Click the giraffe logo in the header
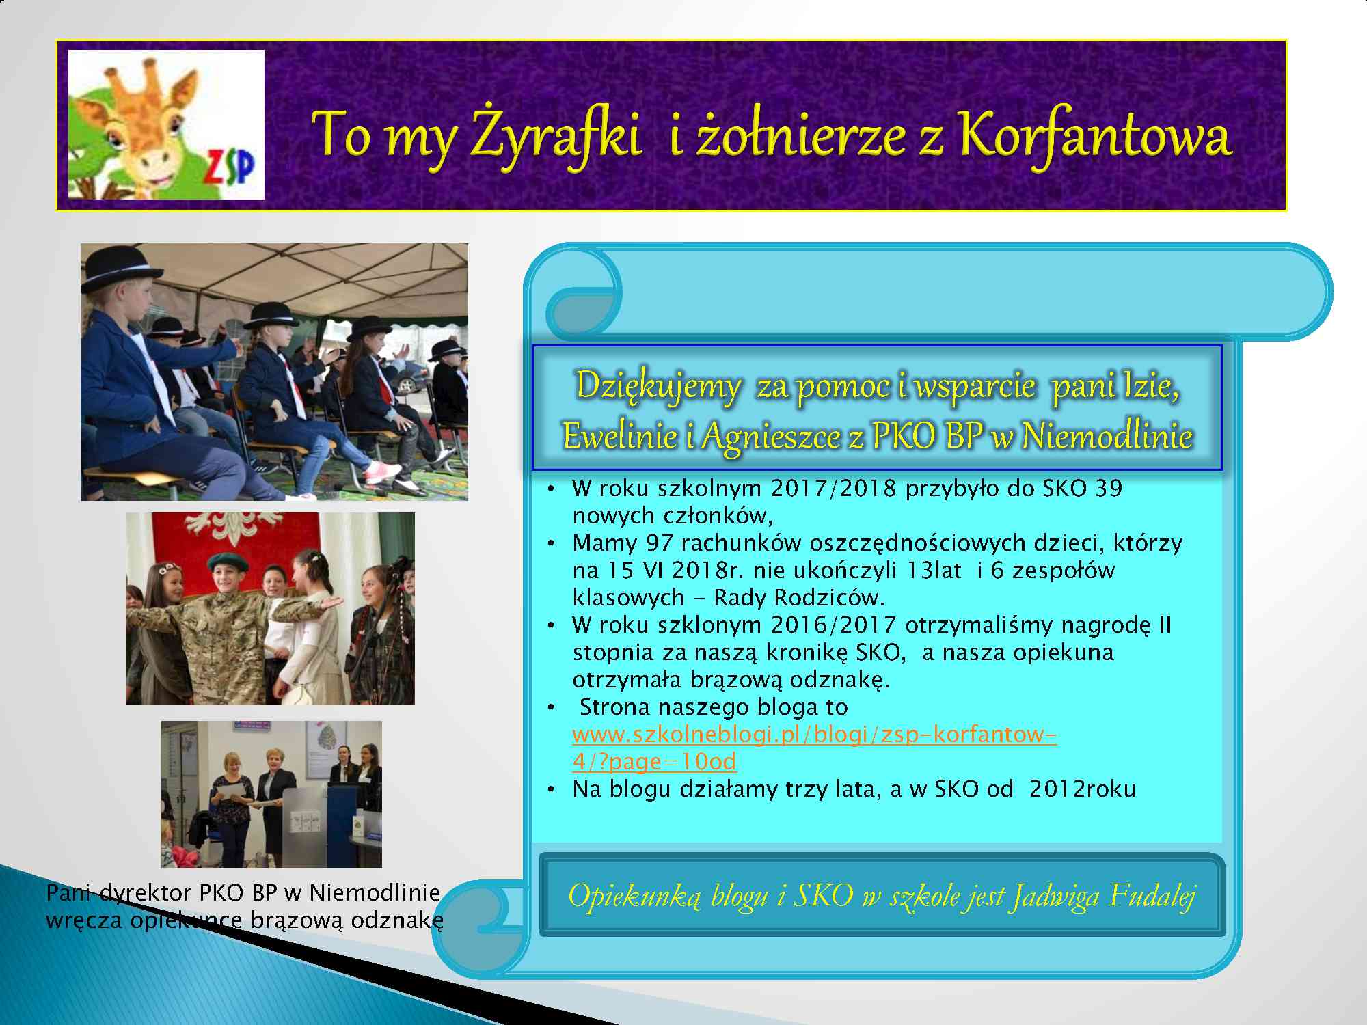pyautogui.click(x=166, y=124)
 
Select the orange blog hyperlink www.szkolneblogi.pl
pyautogui.click(x=815, y=748)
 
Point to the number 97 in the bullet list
pyautogui.click(x=659, y=543)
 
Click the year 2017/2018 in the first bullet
pyautogui.click(x=833, y=488)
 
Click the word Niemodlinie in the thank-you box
pyautogui.click(x=1107, y=437)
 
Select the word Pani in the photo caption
pyautogui.click(x=70, y=892)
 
